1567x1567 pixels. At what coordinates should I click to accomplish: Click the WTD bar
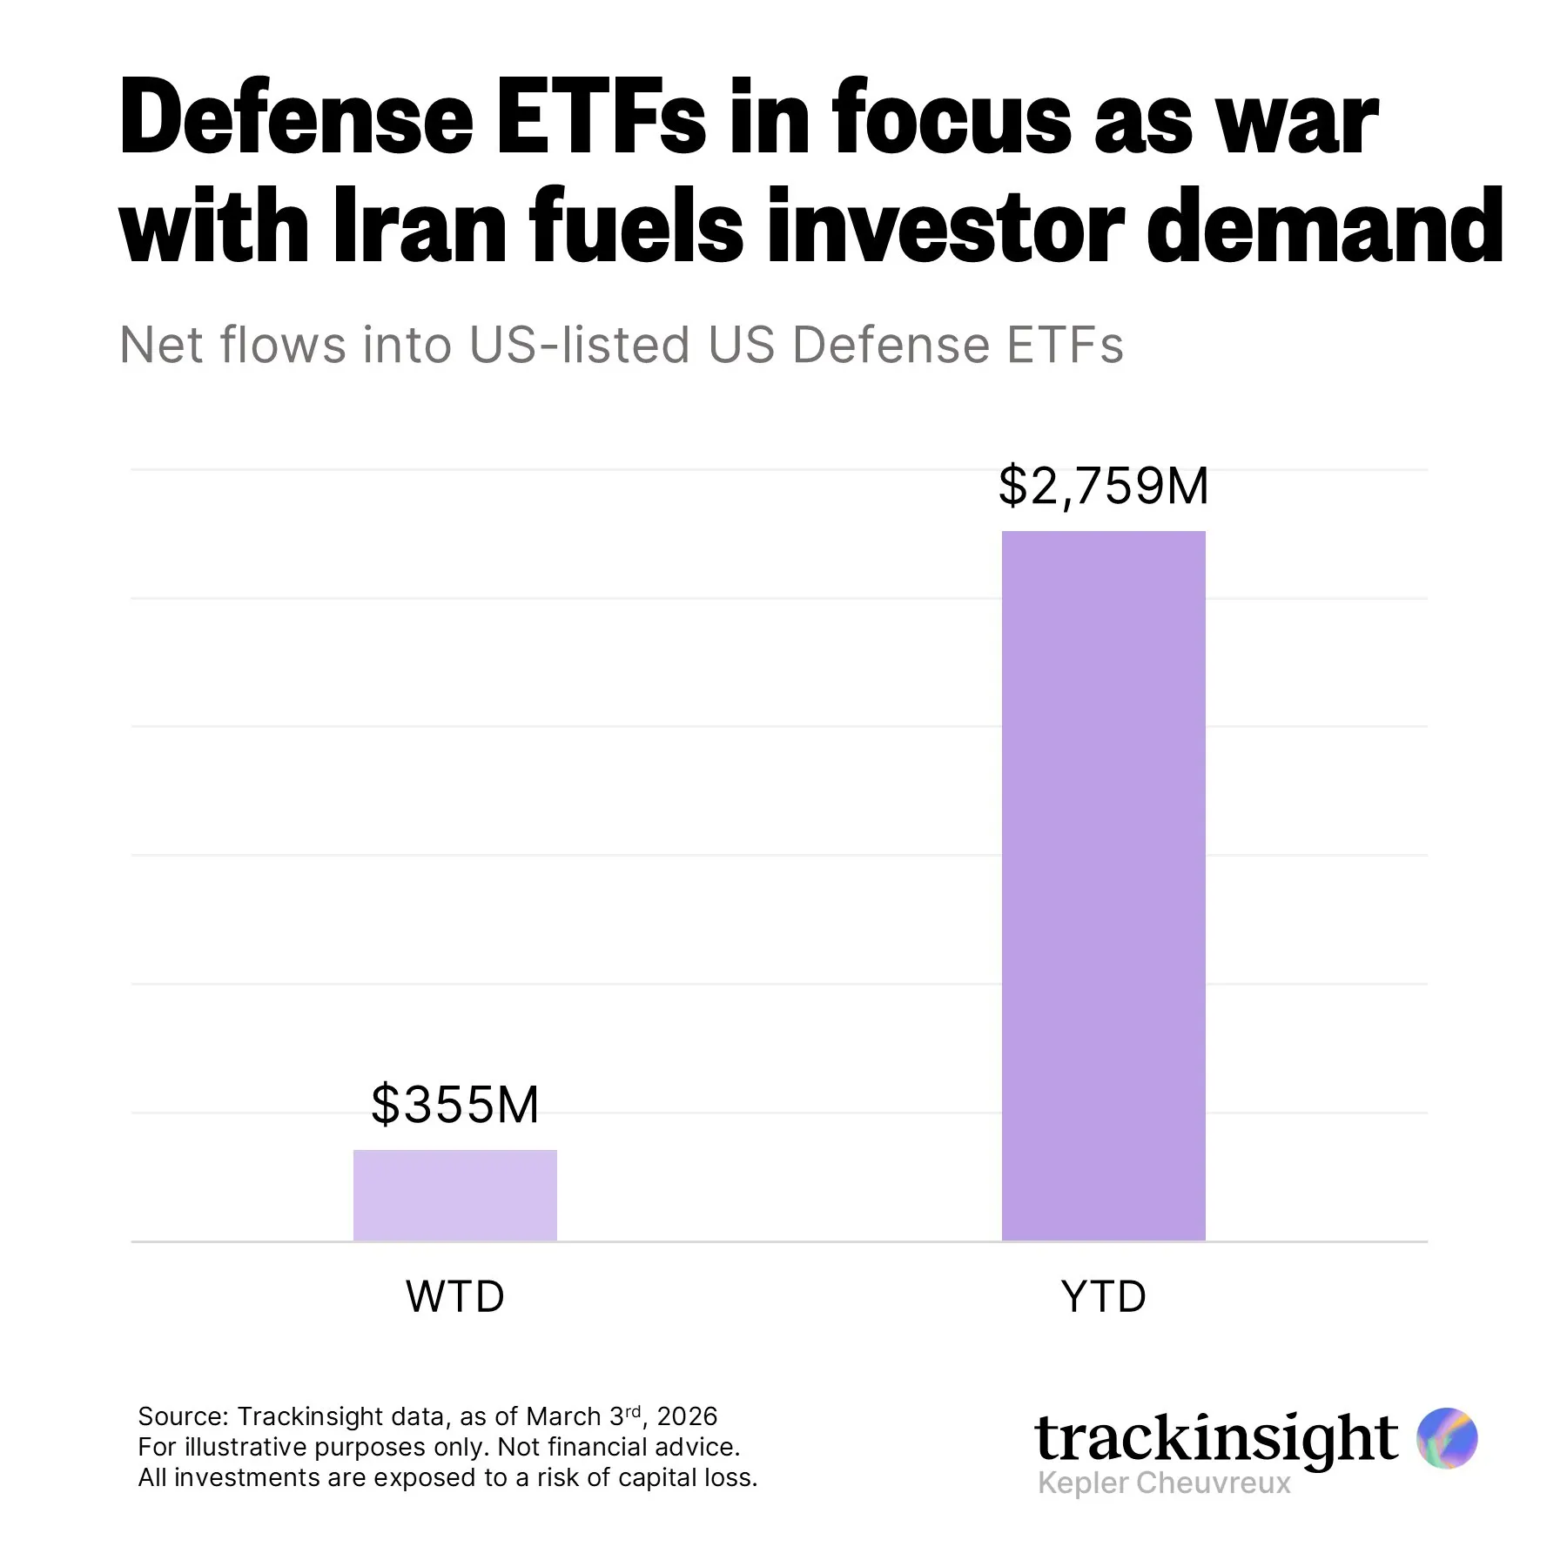point(454,1194)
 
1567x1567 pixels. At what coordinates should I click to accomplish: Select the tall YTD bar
point(1103,884)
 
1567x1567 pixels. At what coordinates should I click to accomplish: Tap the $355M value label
point(454,1105)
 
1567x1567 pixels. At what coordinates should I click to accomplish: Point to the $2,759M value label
point(1103,486)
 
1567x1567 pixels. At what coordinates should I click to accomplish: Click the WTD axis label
point(454,1296)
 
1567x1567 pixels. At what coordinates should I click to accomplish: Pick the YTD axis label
point(1103,1296)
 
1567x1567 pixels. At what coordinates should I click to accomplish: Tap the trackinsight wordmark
point(1215,1438)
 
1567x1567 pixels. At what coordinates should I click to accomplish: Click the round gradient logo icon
point(1447,1438)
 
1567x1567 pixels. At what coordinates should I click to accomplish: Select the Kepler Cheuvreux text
point(1164,1483)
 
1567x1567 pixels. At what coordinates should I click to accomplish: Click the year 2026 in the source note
point(687,1416)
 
